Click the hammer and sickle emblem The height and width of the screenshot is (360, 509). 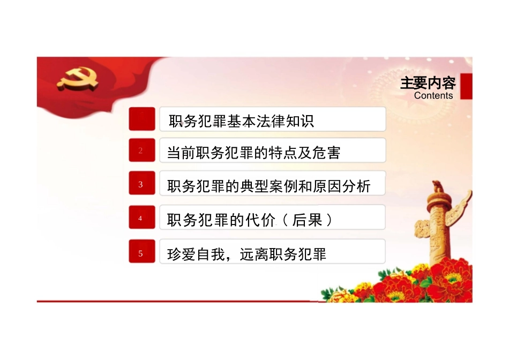[78, 79]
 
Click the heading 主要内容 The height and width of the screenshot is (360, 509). [428, 84]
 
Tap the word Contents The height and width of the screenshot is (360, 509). [433, 96]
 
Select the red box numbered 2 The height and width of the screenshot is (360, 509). [141, 151]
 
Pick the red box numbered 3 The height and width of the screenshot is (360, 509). [141, 184]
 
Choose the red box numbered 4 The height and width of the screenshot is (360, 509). [141, 218]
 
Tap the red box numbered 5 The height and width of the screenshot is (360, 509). [141, 253]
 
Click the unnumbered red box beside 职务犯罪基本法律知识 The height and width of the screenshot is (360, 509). [141, 119]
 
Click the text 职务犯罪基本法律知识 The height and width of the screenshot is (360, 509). [241, 122]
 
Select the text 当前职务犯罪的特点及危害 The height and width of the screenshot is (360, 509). [253, 154]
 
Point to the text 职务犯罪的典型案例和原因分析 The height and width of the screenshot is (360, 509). [268, 187]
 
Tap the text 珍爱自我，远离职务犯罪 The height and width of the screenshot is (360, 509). [247, 254]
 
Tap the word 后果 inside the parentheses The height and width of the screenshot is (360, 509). [307, 220]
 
